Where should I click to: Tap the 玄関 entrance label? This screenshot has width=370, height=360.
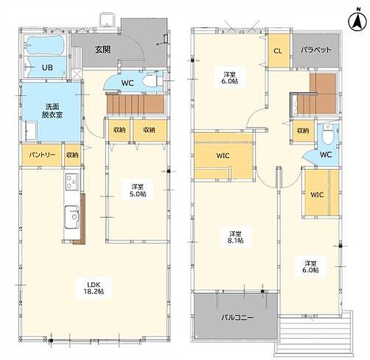(x=103, y=49)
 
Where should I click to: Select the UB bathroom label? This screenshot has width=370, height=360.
(x=47, y=67)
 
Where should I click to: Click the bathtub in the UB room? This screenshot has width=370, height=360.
(x=46, y=45)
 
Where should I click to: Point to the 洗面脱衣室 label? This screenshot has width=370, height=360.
(x=52, y=111)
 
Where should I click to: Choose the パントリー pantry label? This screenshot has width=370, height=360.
(x=42, y=155)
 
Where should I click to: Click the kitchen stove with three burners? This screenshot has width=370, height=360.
(x=72, y=182)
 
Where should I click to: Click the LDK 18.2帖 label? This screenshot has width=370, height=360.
(x=94, y=288)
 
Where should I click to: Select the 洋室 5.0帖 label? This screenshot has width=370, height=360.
(x=138, y=190)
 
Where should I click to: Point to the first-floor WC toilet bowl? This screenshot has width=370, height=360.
(x=150, y=80)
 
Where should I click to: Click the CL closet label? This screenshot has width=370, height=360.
(x=278, y=51)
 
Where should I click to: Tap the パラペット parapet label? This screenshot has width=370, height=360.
(x=316, y=49)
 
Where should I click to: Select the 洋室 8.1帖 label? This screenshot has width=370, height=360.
(x=236, y=237)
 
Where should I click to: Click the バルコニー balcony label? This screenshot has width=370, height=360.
(x=237, y=317)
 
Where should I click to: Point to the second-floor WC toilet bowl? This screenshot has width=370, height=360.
(x=327, y=137)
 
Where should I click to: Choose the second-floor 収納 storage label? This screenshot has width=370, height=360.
(x=303, y=130)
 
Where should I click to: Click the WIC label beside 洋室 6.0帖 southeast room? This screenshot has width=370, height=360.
(x=317, y=195)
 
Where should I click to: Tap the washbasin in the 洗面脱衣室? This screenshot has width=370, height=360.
(x=31, y=131)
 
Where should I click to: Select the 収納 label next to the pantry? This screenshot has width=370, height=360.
(x=72, y=155)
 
